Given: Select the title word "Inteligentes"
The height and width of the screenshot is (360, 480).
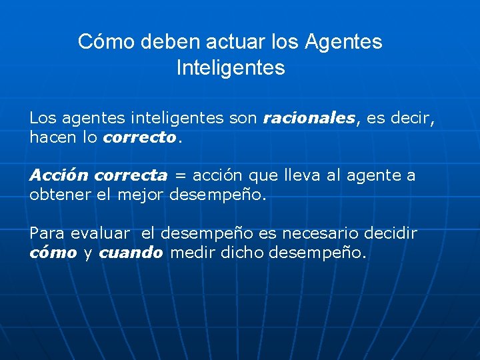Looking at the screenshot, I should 231,67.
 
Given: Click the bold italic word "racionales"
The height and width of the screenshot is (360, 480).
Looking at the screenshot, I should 309,119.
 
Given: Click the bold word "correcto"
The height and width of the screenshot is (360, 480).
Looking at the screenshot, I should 140,138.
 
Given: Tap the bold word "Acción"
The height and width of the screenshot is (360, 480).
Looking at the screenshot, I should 59,175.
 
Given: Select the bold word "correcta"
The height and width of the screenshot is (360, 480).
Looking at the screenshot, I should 131,175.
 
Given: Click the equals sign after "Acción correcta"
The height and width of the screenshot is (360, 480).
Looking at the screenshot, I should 180,176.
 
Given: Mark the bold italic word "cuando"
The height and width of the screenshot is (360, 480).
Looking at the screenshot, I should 131,253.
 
